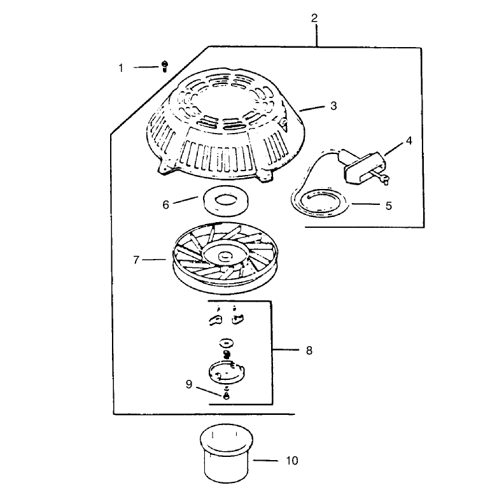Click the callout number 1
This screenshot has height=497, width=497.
click(121, 68)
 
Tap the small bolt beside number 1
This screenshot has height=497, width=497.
click(165, 67)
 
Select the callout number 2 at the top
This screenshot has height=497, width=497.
click(314, 18)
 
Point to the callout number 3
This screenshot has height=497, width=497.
click(333, 106)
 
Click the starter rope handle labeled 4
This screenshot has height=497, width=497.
click(365, 167)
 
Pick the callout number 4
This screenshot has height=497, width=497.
click(409, 141)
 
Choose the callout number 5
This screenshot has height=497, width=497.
click(389, 206)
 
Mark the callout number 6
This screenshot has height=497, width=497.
click(165, 205)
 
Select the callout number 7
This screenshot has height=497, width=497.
click(136, 260)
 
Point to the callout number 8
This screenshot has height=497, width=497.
click(309, 351)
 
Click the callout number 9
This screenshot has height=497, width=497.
click(189, 384)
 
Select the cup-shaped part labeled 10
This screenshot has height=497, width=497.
click(227, 453)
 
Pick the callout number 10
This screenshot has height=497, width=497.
click(292, 461)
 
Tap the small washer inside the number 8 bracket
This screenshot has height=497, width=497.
click(227, 342)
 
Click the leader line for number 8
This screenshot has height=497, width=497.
click(286, 350)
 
